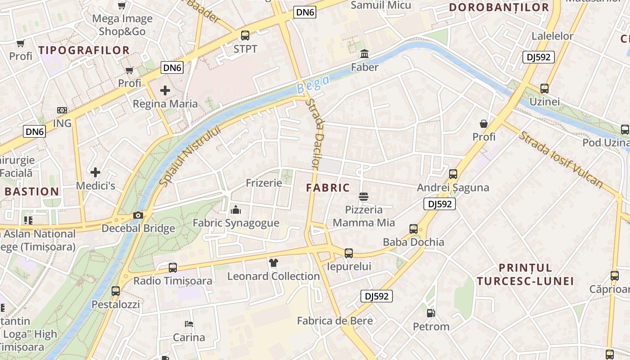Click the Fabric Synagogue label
pos(236,223)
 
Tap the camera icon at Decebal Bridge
pos(138,216)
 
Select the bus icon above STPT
pos(245,35)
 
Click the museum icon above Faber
pos(364,54)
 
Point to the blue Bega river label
pos(313,84)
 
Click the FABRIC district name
pos(328,188)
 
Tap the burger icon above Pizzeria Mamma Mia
pos(364,197)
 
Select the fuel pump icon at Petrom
pos(431,313)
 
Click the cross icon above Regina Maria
pos(165,90)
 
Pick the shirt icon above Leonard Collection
pos(274,262)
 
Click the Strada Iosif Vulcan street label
pos(561,159)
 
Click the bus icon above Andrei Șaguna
pos(453,174)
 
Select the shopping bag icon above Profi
pos(484,123)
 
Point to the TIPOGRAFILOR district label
pos(84,50)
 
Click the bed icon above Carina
pos(189,324)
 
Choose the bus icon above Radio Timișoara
pos(173,268)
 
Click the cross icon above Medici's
pos(95,172)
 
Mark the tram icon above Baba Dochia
pos(414,229)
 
